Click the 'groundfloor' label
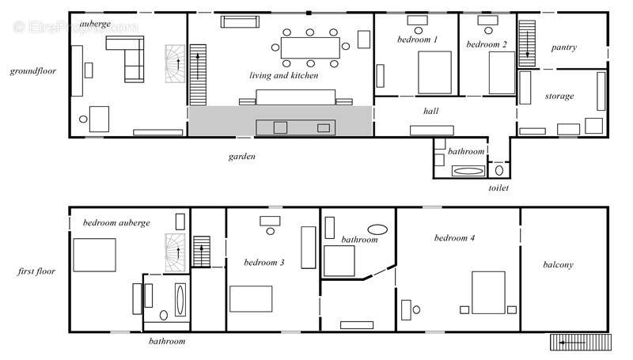(33, 71)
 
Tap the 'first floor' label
(36, 271)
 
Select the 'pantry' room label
(564, 47)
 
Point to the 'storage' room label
(559, 96)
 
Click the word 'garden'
(242, 157)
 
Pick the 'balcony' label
(558, 265)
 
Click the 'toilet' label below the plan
(498, 188)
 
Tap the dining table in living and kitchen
(310, 47)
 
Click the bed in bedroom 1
(434, 73)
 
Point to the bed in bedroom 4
(488, 293)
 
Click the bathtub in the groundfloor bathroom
(468, 171)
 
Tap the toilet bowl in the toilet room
(499, 170)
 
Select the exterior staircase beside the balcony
(581, 343)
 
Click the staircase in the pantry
(527, 44)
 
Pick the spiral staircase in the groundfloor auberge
(175, 64)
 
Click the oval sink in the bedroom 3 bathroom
(377, 229)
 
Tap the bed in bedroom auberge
(94, 255)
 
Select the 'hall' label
(430, 111)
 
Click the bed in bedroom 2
(502, 73)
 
